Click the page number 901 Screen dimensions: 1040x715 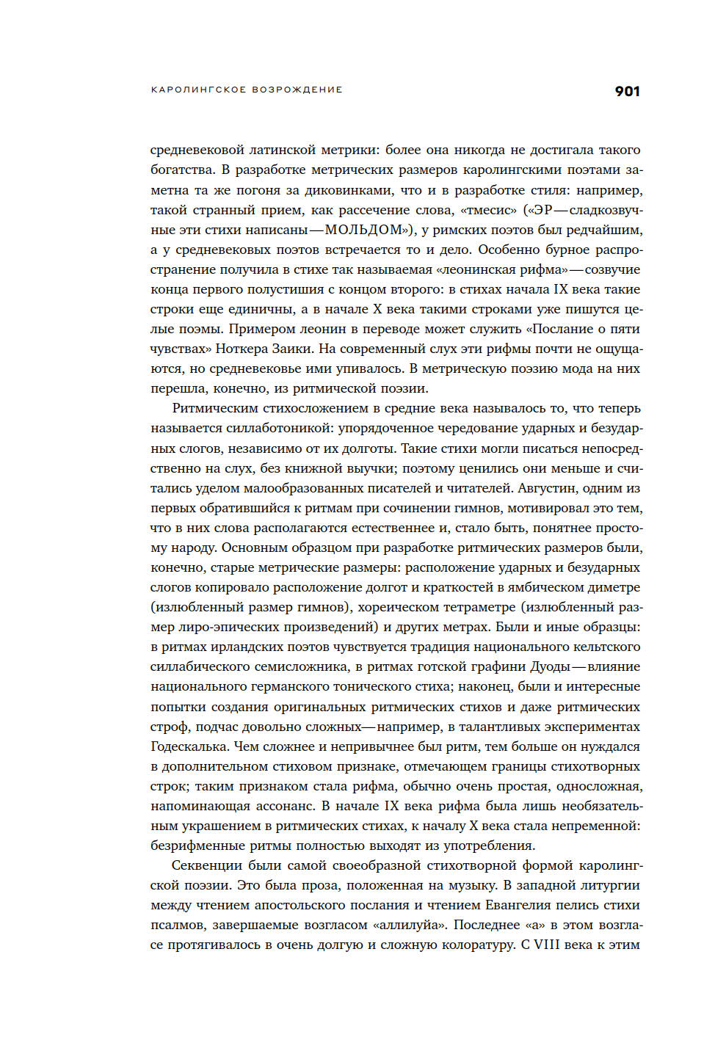point(627,91)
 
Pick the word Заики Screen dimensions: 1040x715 point(293,349)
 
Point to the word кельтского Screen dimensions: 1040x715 point(604,647)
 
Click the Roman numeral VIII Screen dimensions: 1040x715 point(547,945)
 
